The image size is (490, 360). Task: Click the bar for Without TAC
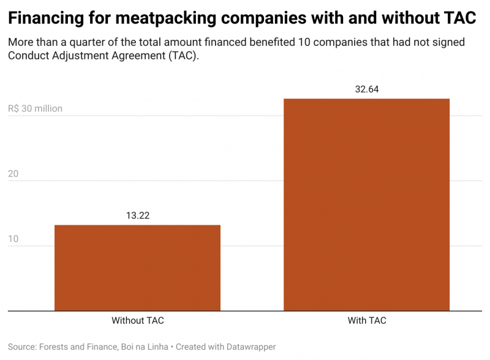pyautogui.click(x=137, y=268)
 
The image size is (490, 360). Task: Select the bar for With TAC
pyautogui.click(x=366, y=204)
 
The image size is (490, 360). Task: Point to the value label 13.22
pyautogui.click(x=138, y=216)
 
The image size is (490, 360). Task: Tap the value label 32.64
pyautogui.click(x=367, y=89)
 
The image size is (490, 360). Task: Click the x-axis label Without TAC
pyautogui.click(x=138, y=320)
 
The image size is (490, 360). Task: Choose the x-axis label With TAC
pyautogui.click(x=367, y=320)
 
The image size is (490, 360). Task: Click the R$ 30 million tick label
pyautogui.click(x=36, y=109)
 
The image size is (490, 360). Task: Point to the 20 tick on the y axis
pyautogui.click(x=13, y=174)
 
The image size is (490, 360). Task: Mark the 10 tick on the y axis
pyautogui.click(x=13, y=239)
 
